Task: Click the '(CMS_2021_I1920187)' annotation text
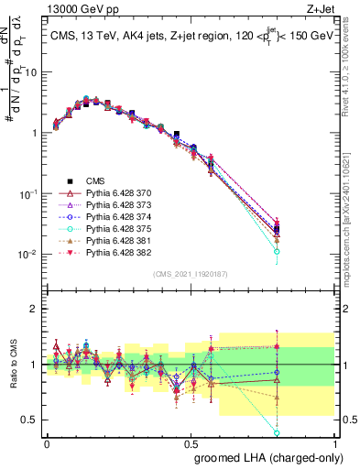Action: [191, 273]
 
